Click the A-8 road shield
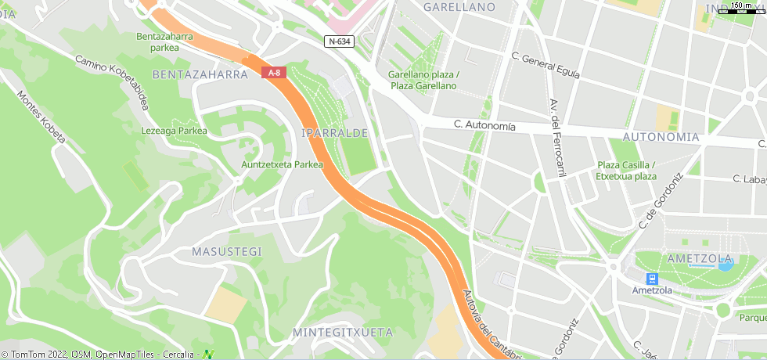click(275, 73)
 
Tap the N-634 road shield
click(339, 41)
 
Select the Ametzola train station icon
click(652, 279)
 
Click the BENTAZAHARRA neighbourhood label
click(200, 75)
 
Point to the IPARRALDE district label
click(334, 134)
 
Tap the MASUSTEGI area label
click(227, 251)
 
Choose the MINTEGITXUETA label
click(342, 333)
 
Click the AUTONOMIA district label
click(661, 136)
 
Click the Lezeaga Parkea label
click(175, 131)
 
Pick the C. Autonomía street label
click(484, 125)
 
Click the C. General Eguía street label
click(545, 66)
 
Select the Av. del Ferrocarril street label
click(557, 137)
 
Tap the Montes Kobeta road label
click(42, 117)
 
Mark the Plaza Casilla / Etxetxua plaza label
click(626, 171)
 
